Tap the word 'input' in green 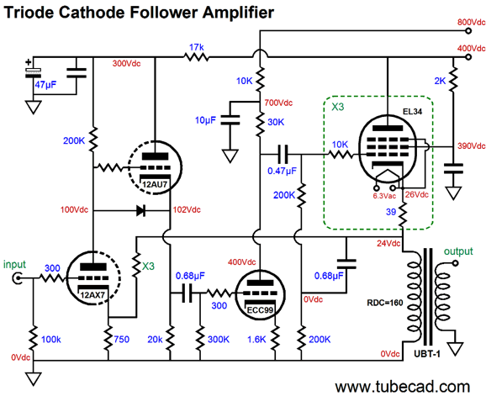[15, 264]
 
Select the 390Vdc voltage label [469, 146]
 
